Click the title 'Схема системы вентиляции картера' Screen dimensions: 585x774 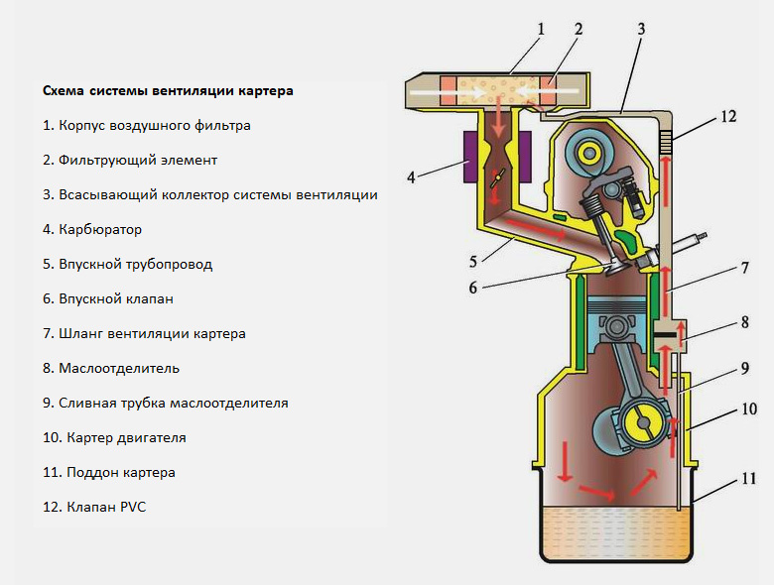[168, 91]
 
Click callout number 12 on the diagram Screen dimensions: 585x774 [728, 116]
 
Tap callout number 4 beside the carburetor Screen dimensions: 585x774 [411, 178]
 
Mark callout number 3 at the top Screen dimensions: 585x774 [641, 29]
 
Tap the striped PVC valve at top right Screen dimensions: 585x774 [669, 140]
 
